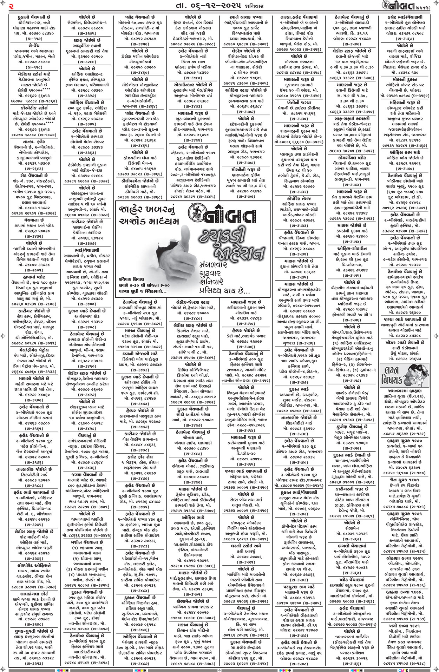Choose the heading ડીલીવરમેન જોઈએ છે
(x=140, y=180)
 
